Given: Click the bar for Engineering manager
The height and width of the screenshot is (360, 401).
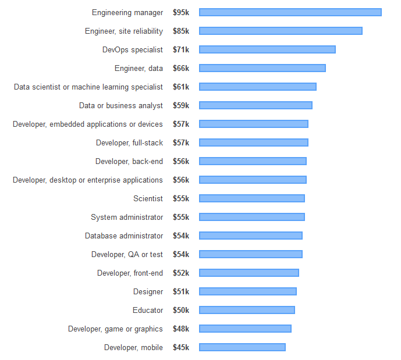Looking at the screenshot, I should pyautogui.click(x=290, y=12).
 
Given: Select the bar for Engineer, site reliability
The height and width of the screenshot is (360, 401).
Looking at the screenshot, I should pyautogui.click(x=281, y=31).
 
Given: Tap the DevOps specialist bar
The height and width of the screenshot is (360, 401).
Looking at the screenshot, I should pyautogui.click(x=267, y=49).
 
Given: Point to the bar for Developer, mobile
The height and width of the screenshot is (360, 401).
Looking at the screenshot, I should pyautogui.click(x=242, y=347).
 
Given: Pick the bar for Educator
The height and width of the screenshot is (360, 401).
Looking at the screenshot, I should pyautogui.click(x=247, y=310).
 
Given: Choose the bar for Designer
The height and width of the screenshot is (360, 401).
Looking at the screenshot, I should pyautogui.click(x=248, y=291).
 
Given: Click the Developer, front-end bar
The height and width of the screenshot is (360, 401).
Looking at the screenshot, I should pyautogui.click(x=249, y=273).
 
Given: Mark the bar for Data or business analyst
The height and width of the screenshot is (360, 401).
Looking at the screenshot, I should pyautogui.click(x=255, y=105).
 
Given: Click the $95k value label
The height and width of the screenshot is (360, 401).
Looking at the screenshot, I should pyautogui.click(x=180, y=12).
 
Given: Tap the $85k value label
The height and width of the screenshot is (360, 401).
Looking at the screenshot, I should pyautogui.click(x=180, y=31).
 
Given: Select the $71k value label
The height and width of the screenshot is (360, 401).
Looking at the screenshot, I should pyautogui.click(x=180, y=49).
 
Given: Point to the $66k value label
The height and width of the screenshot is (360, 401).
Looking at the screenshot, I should pyautogui.click(x=180, y=68).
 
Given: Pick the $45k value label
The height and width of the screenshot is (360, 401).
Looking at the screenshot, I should pyautogui.click(x=180, y=347).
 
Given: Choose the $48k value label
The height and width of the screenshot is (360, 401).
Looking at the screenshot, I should pyautogui.click(x=180, y=329).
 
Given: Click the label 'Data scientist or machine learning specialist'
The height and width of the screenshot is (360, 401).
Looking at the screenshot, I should pyautogui.click(x=88, y=87).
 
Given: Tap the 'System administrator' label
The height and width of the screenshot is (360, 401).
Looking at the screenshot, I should pyautogui.click(x=127, y=217).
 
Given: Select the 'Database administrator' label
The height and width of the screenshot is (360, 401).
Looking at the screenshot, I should pyautogui.click(x=124, y=236).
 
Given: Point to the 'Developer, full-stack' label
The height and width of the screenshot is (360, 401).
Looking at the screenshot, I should pyautogui.click(x=129, y=142).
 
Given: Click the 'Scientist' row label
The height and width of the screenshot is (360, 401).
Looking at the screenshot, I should pyautogui.click(x=148, y=198).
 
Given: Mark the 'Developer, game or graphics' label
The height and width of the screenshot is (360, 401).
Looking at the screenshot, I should pyautogui.click(x=115, y=329).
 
